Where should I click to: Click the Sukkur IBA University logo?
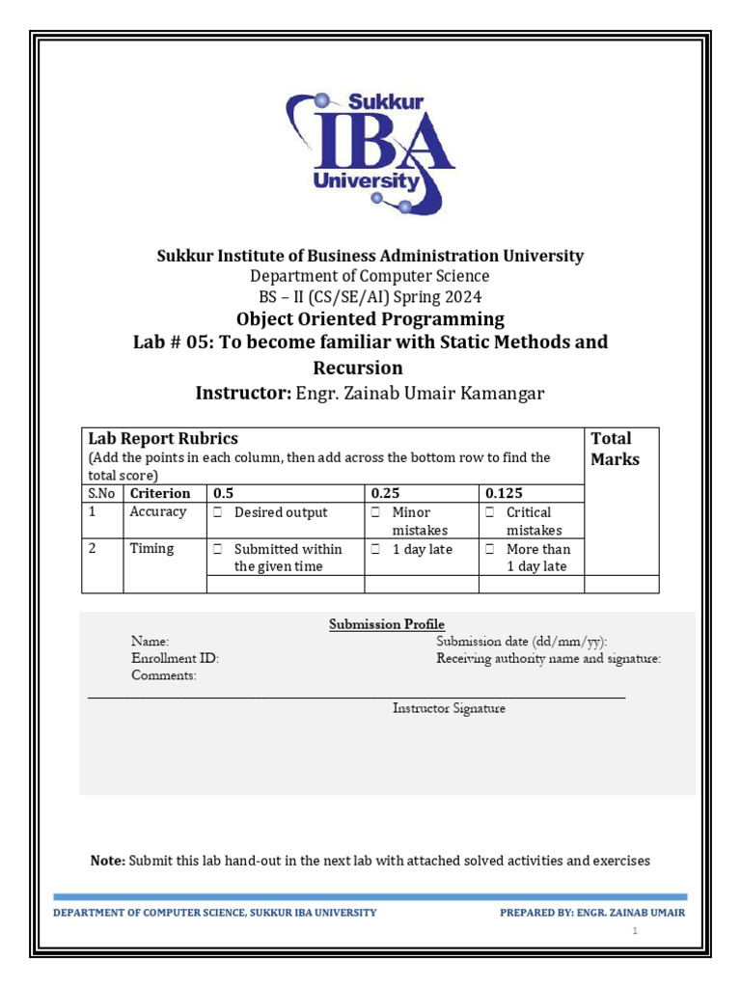point(370,151)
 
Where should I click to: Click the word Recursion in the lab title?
point(358,368)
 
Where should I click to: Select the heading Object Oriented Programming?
point(370,318)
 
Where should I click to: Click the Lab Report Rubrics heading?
point(163,439)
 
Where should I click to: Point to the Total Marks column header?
point(615,449)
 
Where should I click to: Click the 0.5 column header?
point(223,493)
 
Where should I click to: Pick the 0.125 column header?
point(504,493)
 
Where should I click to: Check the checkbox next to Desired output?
point(218,513)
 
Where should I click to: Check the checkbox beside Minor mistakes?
point(375,513)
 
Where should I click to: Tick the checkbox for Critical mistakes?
point(490,513)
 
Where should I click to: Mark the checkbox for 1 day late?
point(375,550)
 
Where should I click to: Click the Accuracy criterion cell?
point(158,512)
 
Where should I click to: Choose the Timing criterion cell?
point(152,549)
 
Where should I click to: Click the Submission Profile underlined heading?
point(387,624)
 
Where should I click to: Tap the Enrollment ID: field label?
point(176,658)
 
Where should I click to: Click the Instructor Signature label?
point(449,708)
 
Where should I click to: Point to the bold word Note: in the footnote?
point(107,860)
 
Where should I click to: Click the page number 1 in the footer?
point(636,931)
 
